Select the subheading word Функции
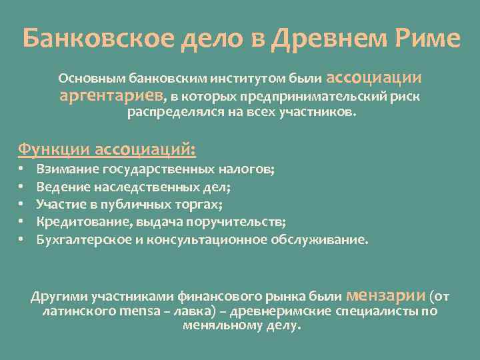pyautogui.click(x=54, y=147)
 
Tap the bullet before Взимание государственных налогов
pyautogui.click(x=21, y=170)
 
